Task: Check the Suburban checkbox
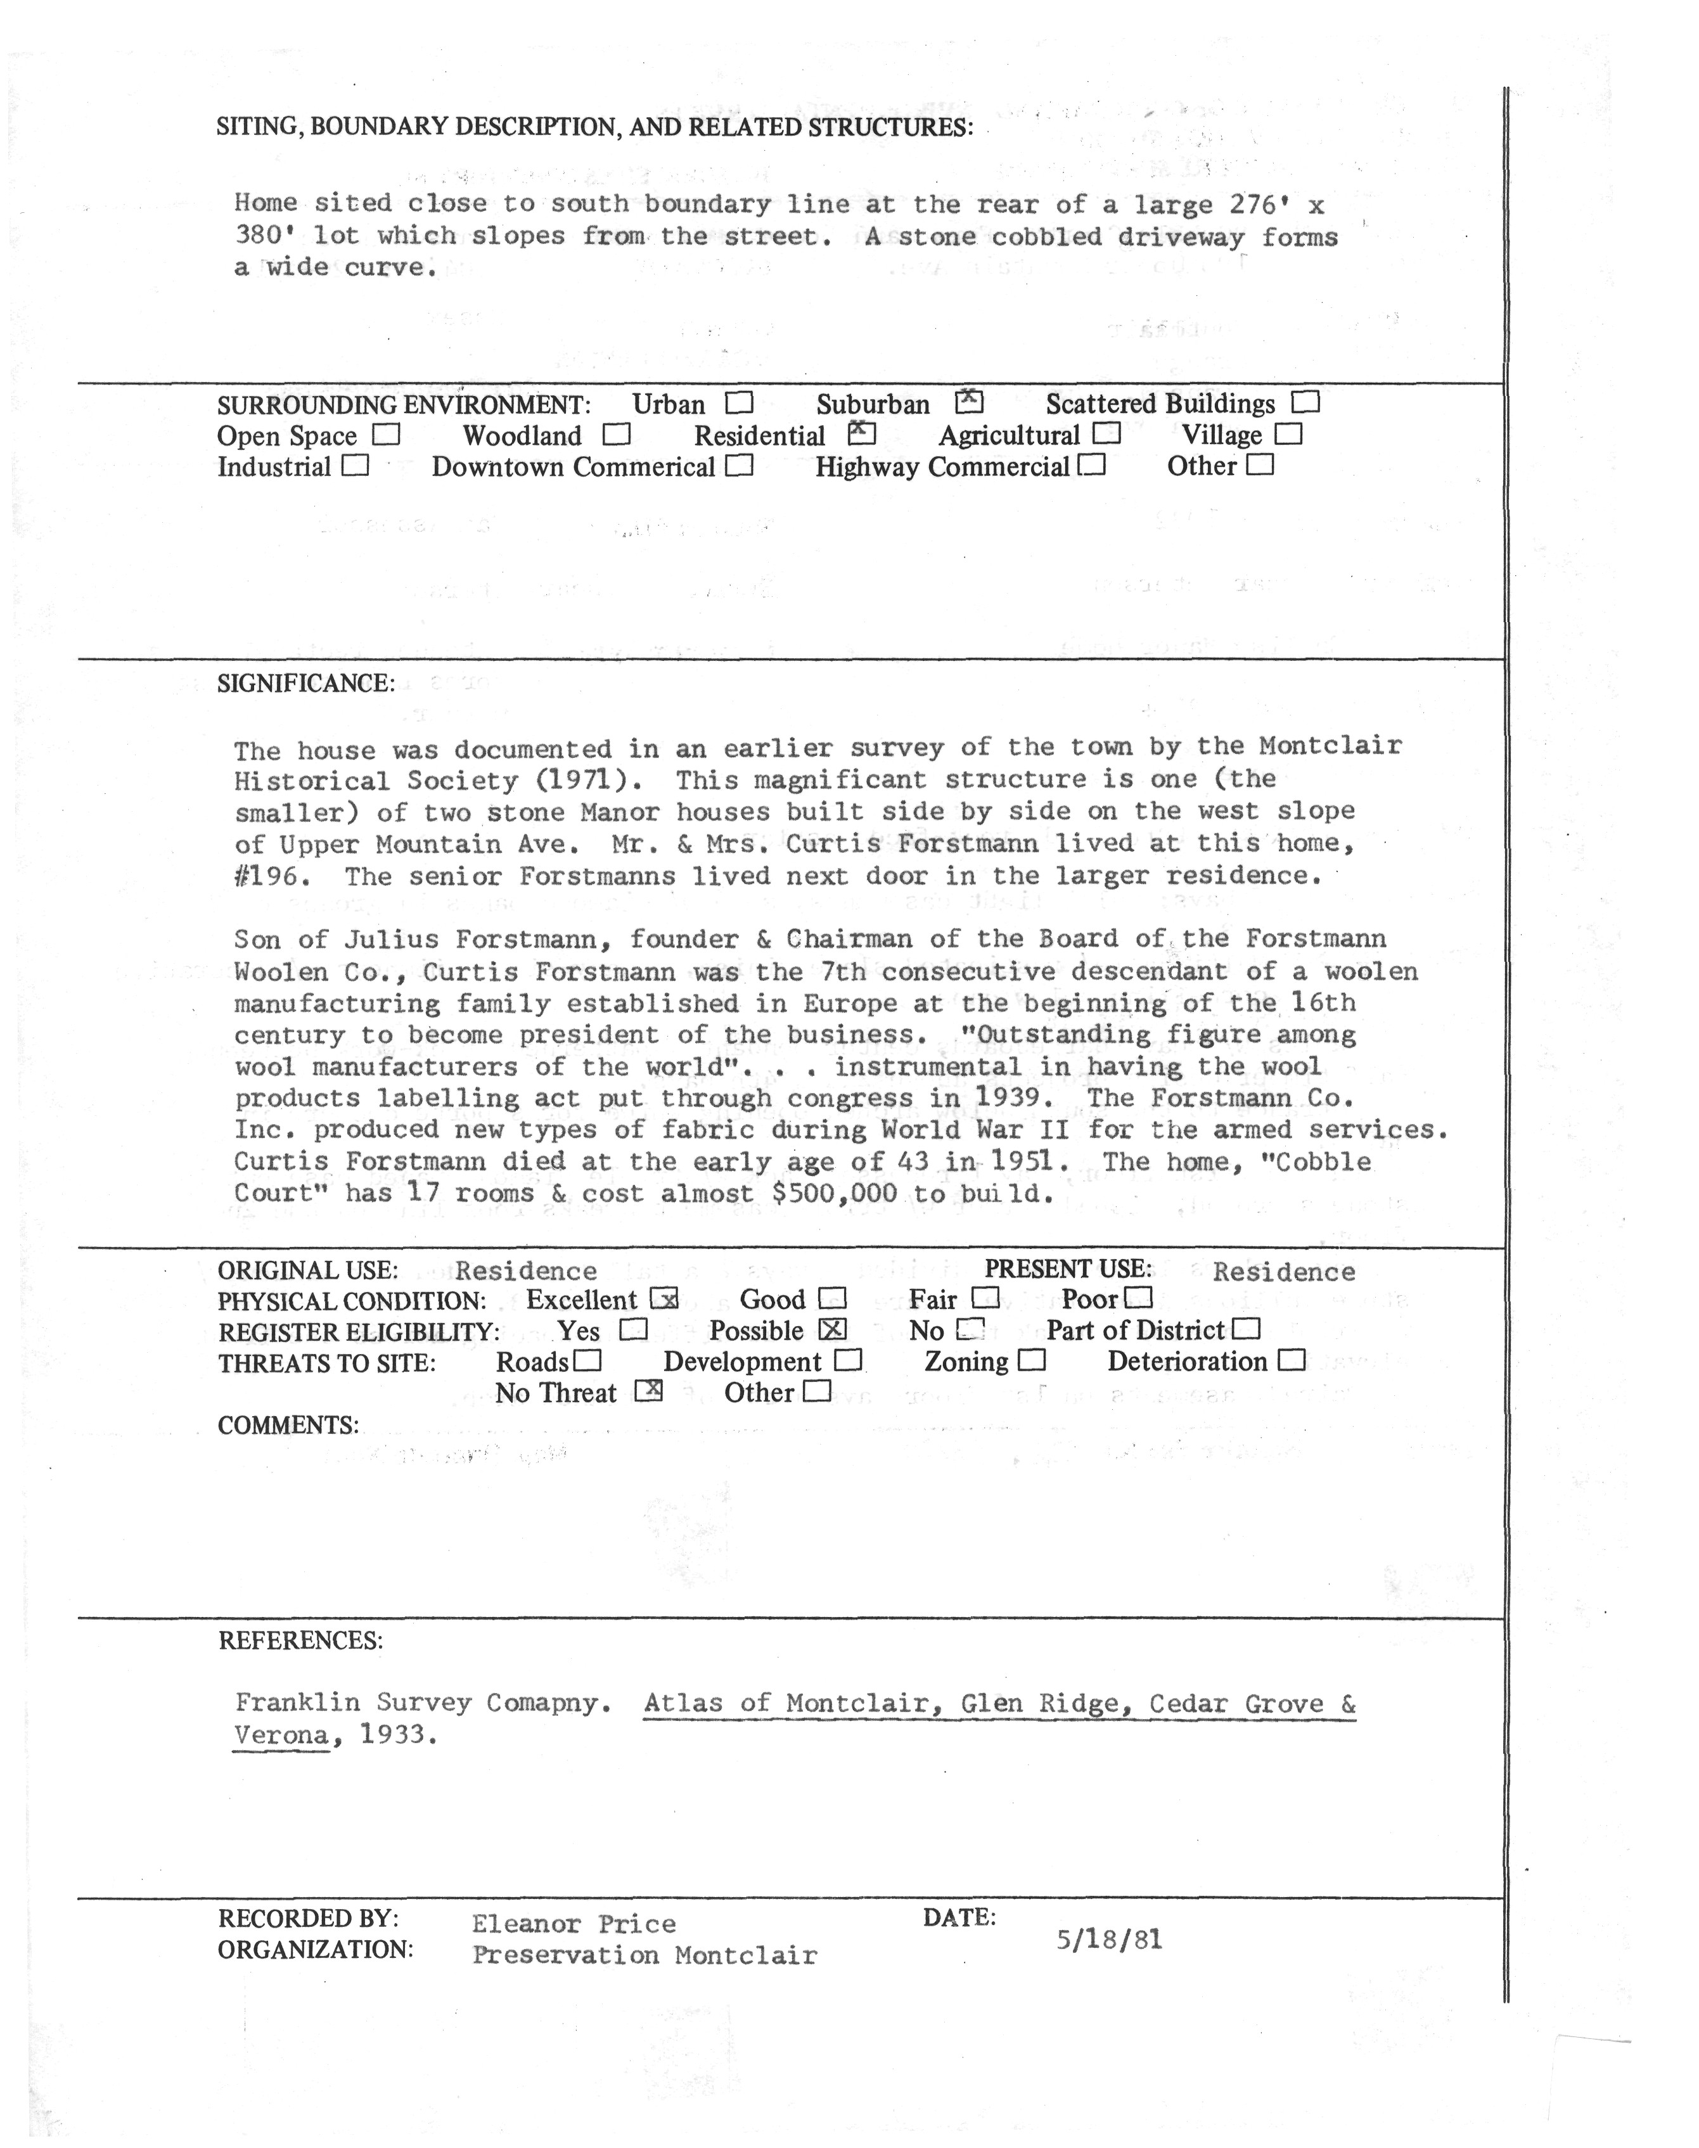point(969,402)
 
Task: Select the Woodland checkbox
point(617,435)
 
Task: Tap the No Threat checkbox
point(648,1391)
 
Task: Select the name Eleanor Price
point(574,1924)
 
